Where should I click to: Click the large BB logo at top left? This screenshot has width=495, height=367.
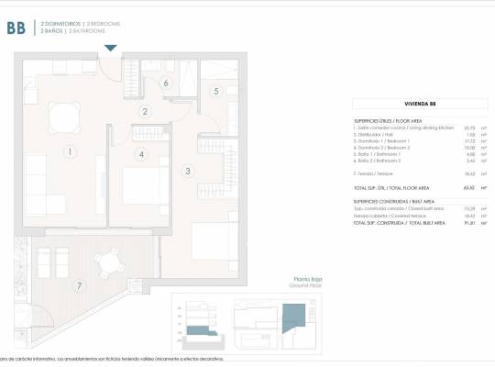(x=16, y=28)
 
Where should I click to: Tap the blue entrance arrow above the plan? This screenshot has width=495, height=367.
(x=111, y=48)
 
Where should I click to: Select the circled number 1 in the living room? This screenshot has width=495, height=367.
(x=68, y=151)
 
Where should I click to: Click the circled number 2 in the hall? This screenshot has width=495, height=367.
(x=145, y=112)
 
